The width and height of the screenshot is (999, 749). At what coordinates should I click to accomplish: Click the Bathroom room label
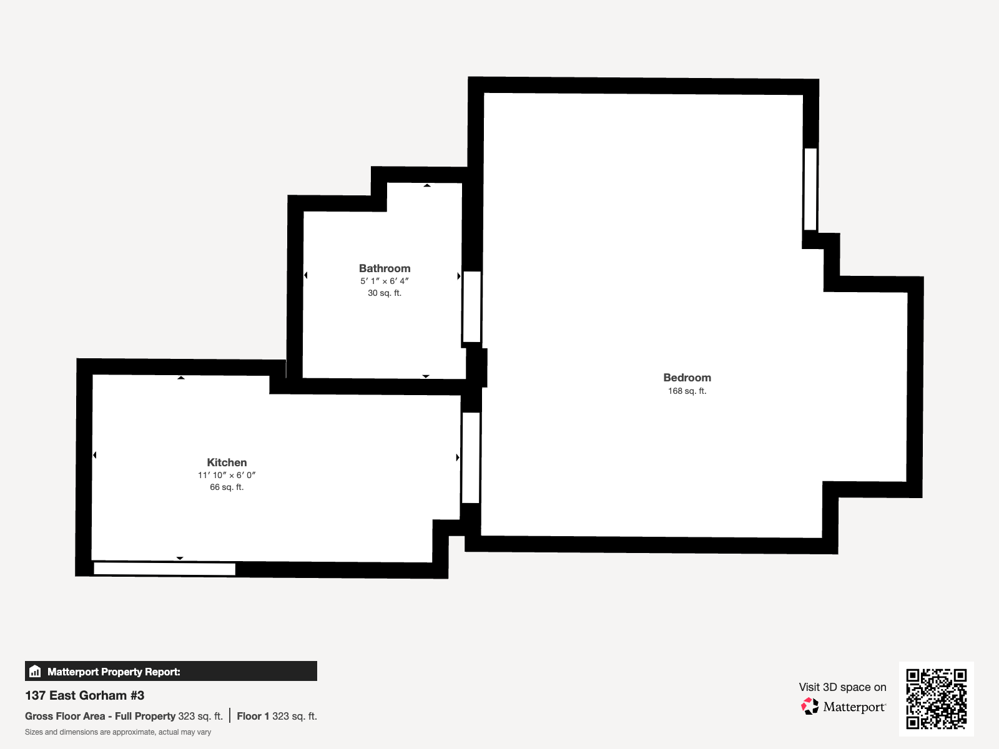(385, 268)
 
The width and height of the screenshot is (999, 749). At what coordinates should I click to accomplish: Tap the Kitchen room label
(227, 463)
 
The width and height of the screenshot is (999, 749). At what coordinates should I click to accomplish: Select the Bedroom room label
(687, 378)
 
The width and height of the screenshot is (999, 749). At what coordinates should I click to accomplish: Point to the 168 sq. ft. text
(687, 391)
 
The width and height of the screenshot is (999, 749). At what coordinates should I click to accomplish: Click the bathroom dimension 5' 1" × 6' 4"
(385, 281)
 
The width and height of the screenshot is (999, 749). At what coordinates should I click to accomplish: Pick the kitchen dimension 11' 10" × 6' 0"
(227, 475)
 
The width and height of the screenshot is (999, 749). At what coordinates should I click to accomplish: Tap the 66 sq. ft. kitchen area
(227, 487)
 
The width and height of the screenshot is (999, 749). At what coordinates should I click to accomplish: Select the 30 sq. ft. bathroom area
(385, 293)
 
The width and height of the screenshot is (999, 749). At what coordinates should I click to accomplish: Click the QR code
(936, 698)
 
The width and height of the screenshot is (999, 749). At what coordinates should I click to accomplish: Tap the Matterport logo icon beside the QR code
(810, 707)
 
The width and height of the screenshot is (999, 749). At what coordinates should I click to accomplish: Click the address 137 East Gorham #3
(85, 695)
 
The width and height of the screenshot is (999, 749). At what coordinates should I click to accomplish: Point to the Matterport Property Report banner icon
(35, 672)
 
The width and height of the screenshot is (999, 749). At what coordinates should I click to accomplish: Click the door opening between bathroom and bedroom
(472, 307)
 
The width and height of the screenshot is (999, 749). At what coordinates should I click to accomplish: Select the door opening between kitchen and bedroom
(471, 458)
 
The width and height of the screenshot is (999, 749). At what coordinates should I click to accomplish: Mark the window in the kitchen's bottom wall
(165, 569)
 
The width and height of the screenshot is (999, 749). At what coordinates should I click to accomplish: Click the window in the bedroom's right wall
(810, 189)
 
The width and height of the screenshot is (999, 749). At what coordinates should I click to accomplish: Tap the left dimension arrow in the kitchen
(95, 455)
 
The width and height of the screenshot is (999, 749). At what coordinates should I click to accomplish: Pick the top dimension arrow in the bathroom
(427, 185)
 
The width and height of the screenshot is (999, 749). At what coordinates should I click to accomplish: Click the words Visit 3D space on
(842, 687)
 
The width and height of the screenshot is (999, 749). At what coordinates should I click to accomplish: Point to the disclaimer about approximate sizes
(118, 732)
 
